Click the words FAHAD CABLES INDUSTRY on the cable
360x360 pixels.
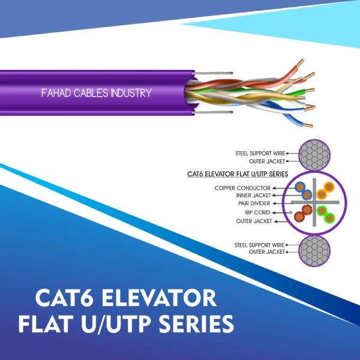coord(96,93)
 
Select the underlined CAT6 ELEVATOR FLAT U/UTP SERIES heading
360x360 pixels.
coord(238,175)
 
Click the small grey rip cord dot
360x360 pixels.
coord(291,212)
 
